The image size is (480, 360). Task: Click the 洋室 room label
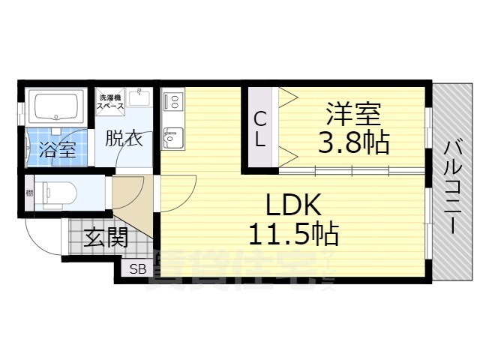[353, 114]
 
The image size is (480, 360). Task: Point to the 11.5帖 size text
[293, 234]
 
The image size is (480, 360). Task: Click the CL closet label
[259, 128]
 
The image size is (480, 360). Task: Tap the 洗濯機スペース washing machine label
[109, 101]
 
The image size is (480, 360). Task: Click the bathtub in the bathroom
[55, 106]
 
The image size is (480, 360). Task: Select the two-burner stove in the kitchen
[172, 100]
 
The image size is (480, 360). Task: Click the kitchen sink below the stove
[172, 136]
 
